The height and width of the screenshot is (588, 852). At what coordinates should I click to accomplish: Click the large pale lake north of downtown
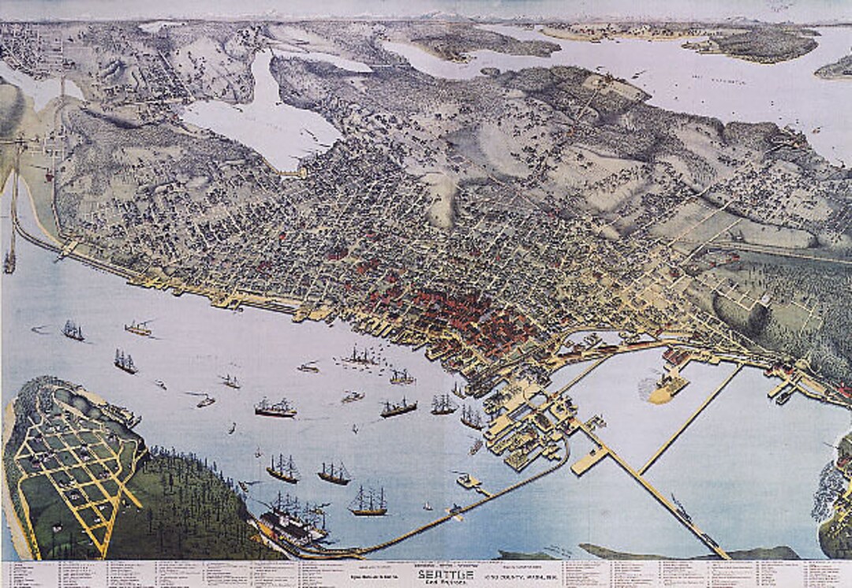(252, 118)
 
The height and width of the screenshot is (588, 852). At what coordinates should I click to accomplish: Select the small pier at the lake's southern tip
(293, 172)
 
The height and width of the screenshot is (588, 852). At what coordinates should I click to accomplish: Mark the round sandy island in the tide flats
(667, 388)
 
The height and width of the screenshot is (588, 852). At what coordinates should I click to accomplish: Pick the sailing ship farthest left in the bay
(73, 331)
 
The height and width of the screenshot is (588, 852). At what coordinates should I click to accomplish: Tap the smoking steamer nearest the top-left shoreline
(138, 328)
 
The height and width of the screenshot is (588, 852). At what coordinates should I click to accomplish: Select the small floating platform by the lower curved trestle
(467, 480)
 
